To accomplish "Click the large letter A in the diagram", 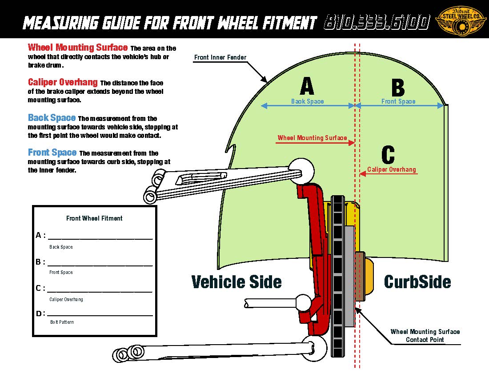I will pyautogui.click(x=307, y=86).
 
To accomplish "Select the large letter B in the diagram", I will pyautogui.click(x=398, y=87).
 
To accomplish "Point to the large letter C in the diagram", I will pyautogui.click(x=388, y=155).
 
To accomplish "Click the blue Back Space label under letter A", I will pyautogui.click(x=307, y=101).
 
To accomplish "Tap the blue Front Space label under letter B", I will pyautogui.click(x=398, y=101).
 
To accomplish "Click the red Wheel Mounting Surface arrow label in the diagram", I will pyautogui.click(x=312, y=138).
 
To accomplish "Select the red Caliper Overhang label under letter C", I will pyautogui.click(x=392, y=169).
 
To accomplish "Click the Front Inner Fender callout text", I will pyautogui.click(x=220, y=57).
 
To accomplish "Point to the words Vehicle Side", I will pyautogui.click(x=236, y=282).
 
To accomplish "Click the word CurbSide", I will pyautogui.click(x=417, y=282).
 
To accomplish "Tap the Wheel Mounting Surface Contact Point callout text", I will pyautogui.click(x=425, y=336).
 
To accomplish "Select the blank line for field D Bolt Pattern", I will pyautogui.click(x=100, y=314).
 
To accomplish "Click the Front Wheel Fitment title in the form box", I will pyautogui.click(x=94, y=218).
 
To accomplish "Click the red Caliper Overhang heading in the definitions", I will pyautogui.click(x=63, y=82).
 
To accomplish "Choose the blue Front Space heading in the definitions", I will pyautogui.click(x=52, y=153).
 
